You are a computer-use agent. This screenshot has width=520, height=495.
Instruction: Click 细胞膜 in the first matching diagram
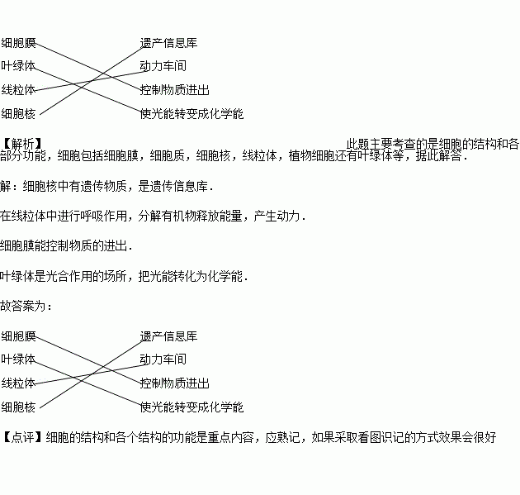pos(18,42)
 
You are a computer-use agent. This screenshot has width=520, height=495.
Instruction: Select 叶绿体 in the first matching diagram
pos(18,65)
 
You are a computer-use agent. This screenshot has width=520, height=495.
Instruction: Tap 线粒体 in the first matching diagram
pos(18,89)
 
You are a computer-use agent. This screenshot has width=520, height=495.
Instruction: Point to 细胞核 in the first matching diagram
pos(18,112)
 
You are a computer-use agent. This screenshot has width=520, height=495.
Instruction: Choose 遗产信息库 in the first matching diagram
pos(168,42)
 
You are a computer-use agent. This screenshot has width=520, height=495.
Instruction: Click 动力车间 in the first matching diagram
pos(163,65)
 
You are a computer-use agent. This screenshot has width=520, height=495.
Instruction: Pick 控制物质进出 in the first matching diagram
pos(174,89)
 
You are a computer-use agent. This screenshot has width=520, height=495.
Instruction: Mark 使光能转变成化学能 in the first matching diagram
pos(191,113)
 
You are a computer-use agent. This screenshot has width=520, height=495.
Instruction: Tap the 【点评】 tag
pos(22,436)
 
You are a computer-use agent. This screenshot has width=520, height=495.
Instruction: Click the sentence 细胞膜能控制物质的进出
pos(66,245)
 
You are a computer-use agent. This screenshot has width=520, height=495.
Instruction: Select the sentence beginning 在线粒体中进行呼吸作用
pos(153,217)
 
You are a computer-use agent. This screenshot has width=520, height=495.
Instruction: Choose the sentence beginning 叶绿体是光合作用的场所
pos(124,275)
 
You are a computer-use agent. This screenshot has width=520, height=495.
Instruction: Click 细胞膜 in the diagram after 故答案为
pos(18,336)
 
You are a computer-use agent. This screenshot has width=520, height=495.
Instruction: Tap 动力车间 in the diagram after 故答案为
pos(163,359)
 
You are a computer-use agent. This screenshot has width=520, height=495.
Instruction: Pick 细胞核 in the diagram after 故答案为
pos(18,407)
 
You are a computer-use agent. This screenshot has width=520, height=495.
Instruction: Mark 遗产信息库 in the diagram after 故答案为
pos(168,336)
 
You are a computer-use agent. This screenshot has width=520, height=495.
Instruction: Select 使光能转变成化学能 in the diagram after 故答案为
pos(191,407)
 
